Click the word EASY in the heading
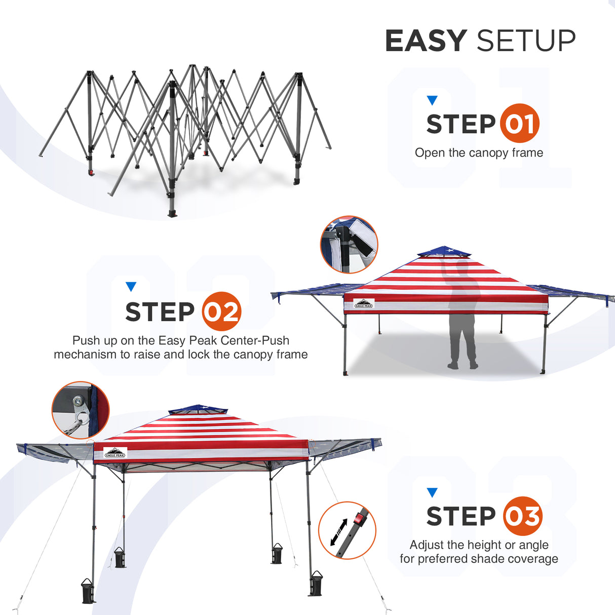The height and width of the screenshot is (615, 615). [x=426, y=41]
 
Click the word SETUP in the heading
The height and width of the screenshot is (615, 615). [x=526, y=41]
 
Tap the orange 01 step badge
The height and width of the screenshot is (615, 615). [x=519, y=123]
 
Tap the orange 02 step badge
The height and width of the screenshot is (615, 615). [x=221, y=312]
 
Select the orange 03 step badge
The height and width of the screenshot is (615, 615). [x=522, y=516]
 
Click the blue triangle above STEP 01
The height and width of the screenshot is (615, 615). [x=432, y=100]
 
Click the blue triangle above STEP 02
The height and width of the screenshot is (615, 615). [x=131, y=287]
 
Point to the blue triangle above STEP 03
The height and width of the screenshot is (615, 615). [x=432, y=492]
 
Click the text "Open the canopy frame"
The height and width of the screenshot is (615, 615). [x=479, y=152]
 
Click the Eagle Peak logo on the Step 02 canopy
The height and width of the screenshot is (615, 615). [x=364, y=304]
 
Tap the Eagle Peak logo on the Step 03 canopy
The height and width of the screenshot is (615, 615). [x=115, y=453]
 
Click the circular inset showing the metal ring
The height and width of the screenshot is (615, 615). [x=80, y=410]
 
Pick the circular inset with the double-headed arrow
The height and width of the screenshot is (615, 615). [x=347, y=530]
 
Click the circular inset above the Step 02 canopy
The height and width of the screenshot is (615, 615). [x=349, y=245]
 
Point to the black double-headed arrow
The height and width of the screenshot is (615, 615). [x=338, y=532]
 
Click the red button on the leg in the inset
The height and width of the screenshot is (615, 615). [x=360, y=519]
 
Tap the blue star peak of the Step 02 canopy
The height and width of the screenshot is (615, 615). [x=444, y=251]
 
